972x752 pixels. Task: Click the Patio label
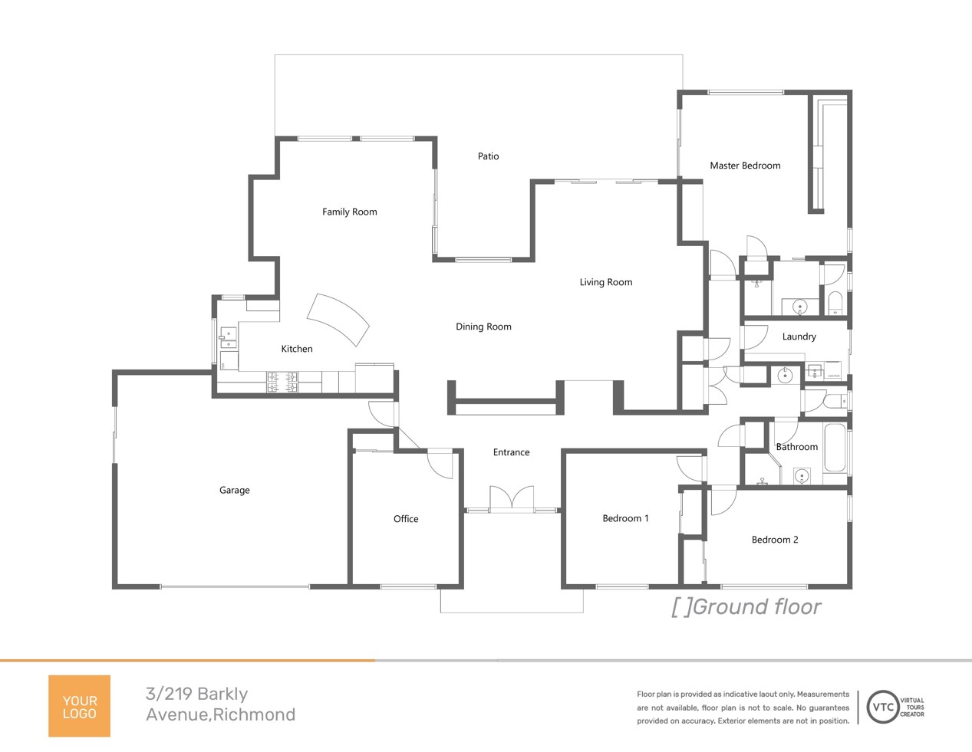point(488,156)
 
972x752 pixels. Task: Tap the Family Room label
point(349,212)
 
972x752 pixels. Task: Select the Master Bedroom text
point(745,166)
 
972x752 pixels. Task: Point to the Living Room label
point(605,282)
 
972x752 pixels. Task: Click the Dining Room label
point(483,327)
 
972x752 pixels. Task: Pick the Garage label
point(235,490)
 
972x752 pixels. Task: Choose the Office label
point(406,519)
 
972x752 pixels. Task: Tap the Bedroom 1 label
point(625,518)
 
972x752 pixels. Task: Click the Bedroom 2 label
point(775,540)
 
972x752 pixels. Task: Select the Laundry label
point(799,337)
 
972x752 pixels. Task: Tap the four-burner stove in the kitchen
point(282,383)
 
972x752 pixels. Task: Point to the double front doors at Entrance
point(512,498)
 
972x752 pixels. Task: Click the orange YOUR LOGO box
point(80,706)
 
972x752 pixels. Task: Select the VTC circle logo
point(883,707)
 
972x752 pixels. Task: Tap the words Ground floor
point(757,607)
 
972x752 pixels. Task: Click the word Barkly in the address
point(222,694)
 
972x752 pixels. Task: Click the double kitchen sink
point(228,337)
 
